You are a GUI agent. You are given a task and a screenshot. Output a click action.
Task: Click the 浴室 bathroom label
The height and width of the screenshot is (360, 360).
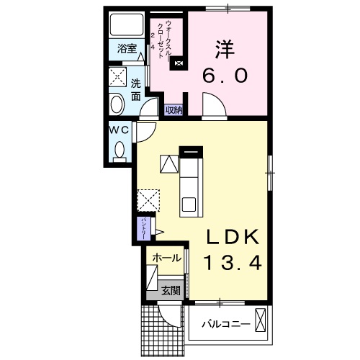pos(127,50)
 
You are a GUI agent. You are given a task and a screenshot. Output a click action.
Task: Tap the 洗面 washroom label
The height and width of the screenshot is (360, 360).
pos(135,88)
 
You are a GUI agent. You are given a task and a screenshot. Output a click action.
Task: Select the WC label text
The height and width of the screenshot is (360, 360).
pos(119,130)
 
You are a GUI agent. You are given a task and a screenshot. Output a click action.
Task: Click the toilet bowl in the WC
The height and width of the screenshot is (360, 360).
pos(120,150)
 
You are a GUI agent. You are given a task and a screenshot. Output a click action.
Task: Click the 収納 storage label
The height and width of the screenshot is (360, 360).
pos(174,109)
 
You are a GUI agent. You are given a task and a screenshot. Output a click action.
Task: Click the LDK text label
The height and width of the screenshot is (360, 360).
pos(230,238)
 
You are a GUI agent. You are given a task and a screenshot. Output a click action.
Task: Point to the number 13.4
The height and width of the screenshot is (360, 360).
pos(230,264)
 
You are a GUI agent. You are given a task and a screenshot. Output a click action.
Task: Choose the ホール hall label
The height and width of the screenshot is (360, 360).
pos(166,258)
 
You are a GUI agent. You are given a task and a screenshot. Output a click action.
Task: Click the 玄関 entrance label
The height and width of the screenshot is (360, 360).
pos(171,291)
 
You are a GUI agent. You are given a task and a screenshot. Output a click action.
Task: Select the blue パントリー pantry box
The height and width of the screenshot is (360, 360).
pos(143,229)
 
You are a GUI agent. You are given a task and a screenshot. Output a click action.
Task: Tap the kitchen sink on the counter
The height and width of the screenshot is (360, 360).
pos(189,204)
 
